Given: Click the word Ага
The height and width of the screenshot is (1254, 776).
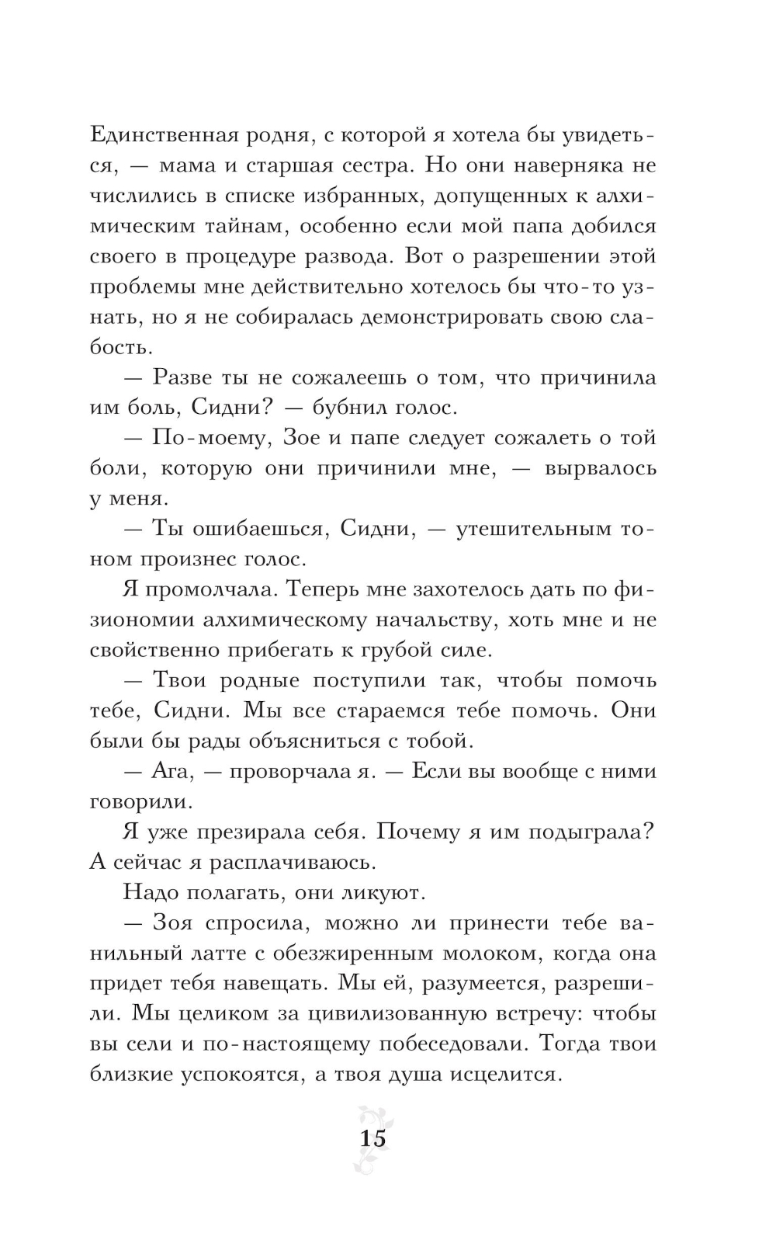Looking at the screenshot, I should point(169,771).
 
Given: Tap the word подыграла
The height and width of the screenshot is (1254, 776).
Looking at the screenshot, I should point(592,832).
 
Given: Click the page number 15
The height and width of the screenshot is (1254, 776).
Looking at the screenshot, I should point(372,1139).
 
